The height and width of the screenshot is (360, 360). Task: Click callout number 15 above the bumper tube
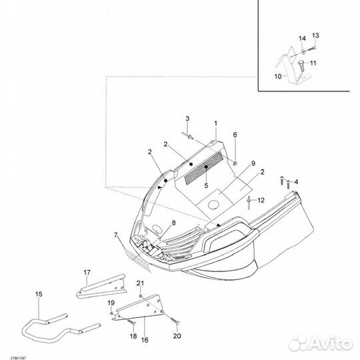click(39, 294)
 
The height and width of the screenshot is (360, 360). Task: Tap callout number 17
click(87, 273)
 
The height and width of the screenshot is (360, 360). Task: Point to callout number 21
click(140, 283)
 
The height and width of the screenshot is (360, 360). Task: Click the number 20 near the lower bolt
click(177, 336)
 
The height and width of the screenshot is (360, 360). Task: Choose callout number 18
click(133, 337)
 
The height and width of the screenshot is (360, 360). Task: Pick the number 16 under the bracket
click(145, 340)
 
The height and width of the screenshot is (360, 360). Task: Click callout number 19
click(111, 303)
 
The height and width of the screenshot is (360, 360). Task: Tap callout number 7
click(116, 235)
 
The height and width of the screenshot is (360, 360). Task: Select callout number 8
click(173, 223)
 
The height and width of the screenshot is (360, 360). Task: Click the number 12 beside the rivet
click(261, 201)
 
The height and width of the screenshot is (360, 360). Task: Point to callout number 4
click(296, 182)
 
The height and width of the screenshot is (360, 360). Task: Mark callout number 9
click(253, 163)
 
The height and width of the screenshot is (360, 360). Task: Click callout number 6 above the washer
click(235, 135)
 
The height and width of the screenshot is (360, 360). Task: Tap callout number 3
click(187, 119)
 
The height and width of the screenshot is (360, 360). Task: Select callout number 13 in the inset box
click(315, 35)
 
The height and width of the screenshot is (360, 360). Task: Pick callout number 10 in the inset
click(278, 77)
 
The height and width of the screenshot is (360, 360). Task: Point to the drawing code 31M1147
click(18, 358)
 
